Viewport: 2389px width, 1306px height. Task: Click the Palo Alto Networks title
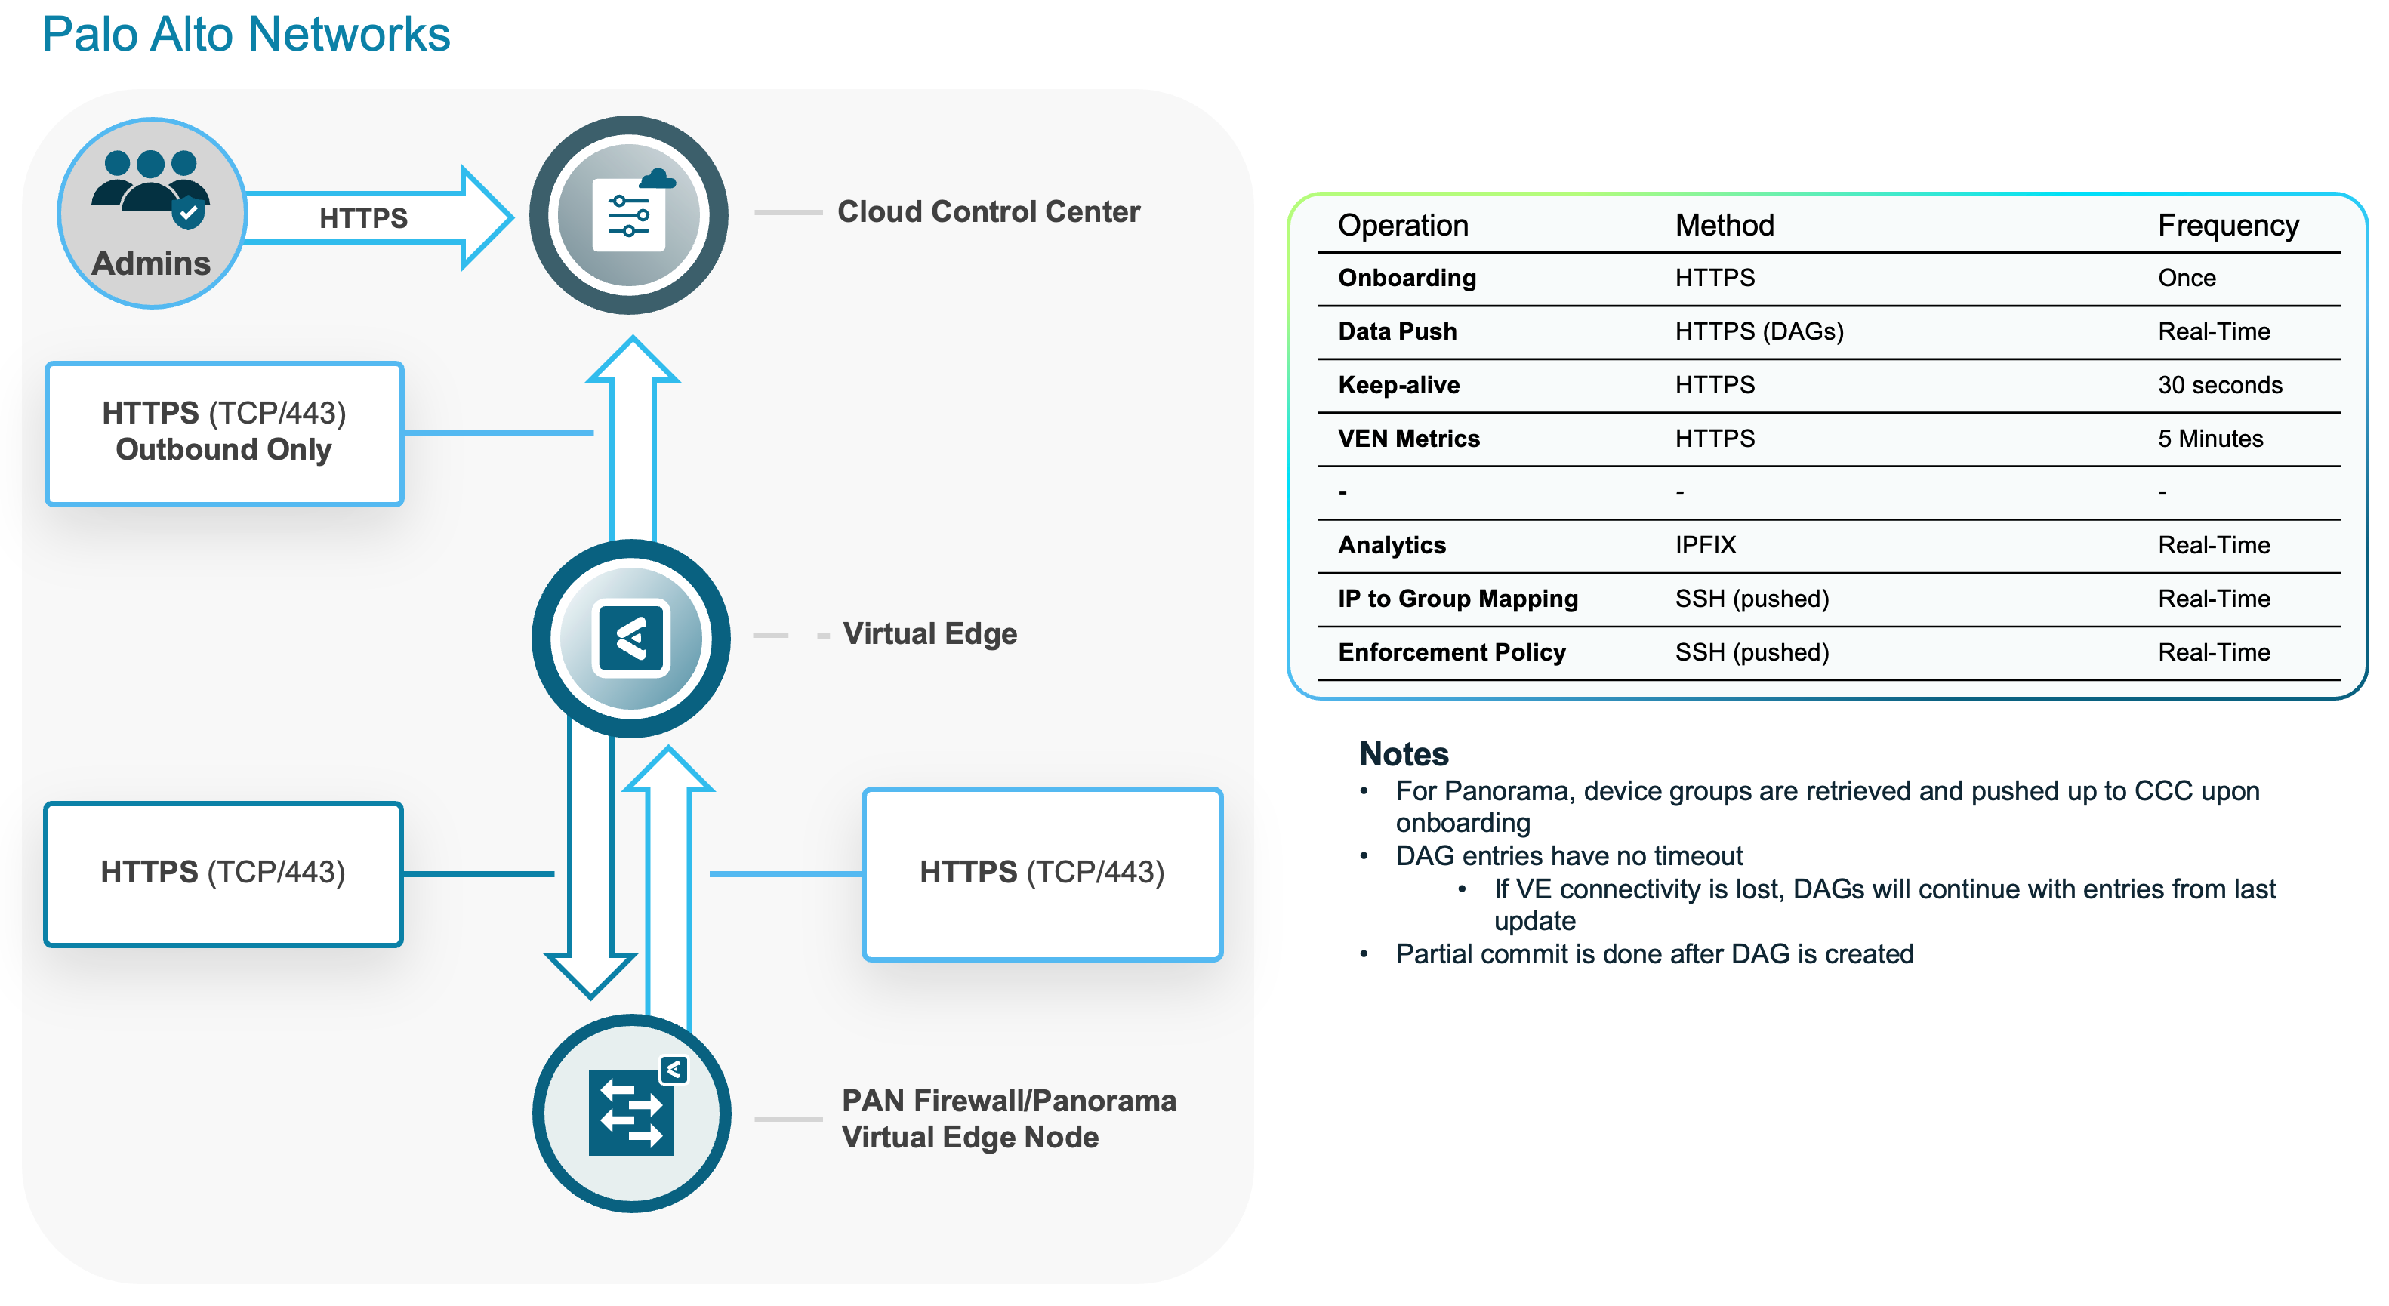pos(245,35)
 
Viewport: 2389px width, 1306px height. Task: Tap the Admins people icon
pos(151,189)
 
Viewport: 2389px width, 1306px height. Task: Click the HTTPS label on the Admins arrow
pos(362,218)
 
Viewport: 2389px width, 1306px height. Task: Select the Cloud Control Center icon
pos(629,215)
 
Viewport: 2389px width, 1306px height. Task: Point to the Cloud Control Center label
pos(988,211)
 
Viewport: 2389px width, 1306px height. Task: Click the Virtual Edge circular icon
pos(630,638)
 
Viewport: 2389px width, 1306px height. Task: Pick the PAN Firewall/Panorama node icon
pos(631,1112)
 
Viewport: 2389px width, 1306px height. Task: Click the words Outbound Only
pos(223,450)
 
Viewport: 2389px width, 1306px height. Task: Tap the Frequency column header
pos(2227,226)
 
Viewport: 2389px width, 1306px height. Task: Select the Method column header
pos(1723,226)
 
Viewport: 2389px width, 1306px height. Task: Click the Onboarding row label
pos(1406,279)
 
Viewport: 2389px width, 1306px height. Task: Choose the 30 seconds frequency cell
pos(2219,385)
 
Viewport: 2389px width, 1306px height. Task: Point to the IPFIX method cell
pos(1705,545)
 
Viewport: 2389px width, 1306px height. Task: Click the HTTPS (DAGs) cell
pos(1759,331)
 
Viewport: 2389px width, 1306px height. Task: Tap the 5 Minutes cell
pos(2209,439)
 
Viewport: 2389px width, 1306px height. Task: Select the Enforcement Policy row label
pos(1450,652)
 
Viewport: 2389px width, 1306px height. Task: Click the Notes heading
pos(1403,754)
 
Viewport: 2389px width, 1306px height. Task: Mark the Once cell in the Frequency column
pos(2186,279)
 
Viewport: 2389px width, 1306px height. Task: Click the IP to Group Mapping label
pos(1457,599)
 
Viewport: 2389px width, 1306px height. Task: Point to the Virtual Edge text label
pos(929,634)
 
